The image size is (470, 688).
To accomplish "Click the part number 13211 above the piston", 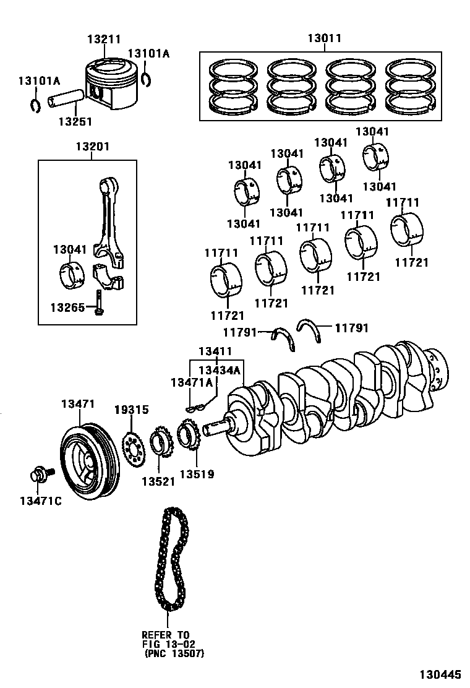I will point(103,39).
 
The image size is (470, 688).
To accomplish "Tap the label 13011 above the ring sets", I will point(324,39).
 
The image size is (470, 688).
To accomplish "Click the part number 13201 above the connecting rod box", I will point(93,147).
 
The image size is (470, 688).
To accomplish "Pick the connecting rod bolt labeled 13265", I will point(98,303).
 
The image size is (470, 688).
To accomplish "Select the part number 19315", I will point(131,410).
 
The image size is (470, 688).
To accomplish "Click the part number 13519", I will point(197,475).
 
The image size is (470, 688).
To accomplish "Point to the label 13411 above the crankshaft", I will point(215,352).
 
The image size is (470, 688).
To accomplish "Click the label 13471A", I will point(192,383).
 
